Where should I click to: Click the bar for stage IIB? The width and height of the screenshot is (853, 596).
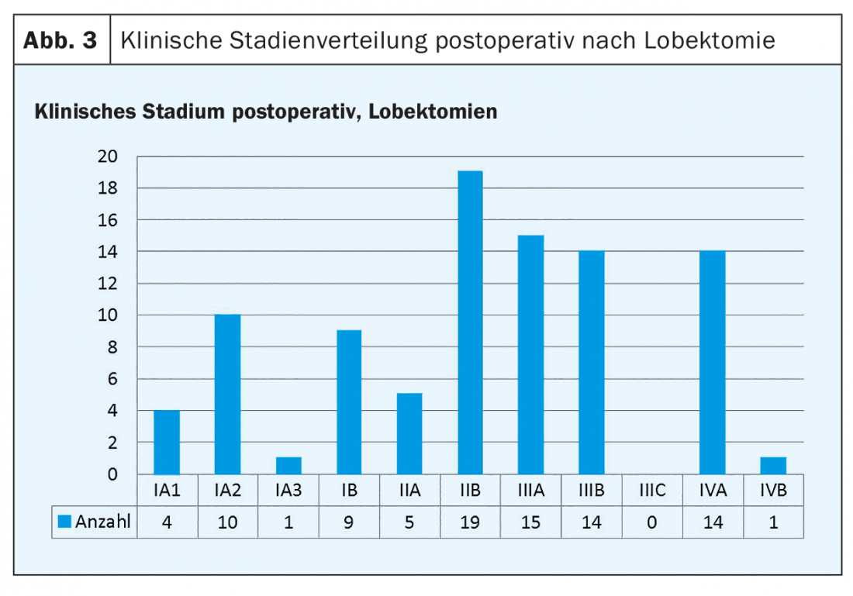(470, 322)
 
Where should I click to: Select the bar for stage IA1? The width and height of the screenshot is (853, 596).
(167, 443)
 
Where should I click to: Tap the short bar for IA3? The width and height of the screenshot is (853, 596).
(288, 466)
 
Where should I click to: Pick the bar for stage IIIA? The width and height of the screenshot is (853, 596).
(530, 355)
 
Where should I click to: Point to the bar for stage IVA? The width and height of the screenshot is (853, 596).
(713, 363)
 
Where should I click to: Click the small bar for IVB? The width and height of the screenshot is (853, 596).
(773, 466)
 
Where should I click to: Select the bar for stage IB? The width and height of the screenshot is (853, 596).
(349, 402)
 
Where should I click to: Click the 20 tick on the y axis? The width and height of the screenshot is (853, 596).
(108, 157)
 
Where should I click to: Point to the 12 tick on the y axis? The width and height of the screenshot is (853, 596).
(108, 284)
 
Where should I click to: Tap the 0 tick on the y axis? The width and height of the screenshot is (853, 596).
(112, 474)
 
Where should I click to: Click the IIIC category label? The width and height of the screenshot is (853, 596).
(651, 491)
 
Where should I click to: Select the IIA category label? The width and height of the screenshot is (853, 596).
(409, 491)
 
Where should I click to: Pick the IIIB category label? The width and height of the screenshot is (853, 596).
(591, 491)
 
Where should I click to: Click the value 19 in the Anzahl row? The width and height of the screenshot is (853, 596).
(470, 522)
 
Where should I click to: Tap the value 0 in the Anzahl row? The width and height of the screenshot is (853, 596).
(651, 522)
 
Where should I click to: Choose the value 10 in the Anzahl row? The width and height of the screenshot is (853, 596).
(228, 522)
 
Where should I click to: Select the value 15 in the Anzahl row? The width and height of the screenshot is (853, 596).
(530, 522)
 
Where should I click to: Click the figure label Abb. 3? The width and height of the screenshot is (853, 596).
(60, 40)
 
